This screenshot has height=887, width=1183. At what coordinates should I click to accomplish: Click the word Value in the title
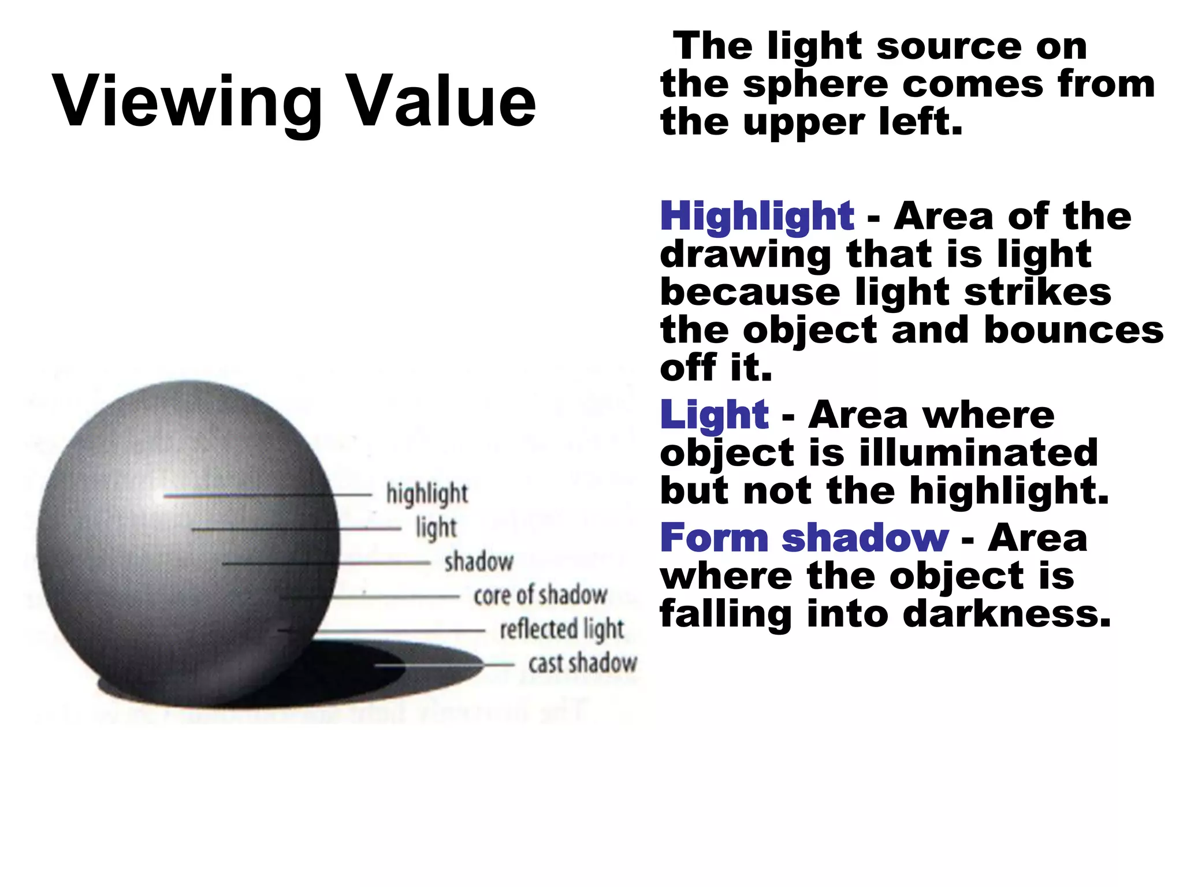(x=443, y=102)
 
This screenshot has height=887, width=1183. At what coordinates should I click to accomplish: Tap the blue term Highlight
(x=757, y=217)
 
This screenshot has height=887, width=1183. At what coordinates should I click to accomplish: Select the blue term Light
(x=714, y=416)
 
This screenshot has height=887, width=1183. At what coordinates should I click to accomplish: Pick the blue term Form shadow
(x=804, y=538)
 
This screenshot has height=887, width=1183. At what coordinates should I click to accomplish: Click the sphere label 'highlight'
(x=427, y=494)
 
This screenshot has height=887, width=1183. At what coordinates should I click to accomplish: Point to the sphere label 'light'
(x=436, y=528)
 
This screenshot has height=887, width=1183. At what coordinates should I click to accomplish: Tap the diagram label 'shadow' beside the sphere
(x=479, y=562)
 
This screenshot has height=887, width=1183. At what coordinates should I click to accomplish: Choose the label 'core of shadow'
(x=540, y=595)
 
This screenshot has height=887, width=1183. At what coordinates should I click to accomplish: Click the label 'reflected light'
(x=562, y=629)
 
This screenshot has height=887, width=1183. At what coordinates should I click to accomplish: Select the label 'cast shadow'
(x=583, y=664)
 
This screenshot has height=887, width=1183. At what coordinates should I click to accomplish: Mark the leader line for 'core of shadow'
(x=370, y=597)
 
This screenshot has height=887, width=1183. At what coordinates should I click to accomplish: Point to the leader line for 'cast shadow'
(x=445, y=665)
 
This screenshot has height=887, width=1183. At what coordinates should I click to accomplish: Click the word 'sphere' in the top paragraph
(x=814, y=85)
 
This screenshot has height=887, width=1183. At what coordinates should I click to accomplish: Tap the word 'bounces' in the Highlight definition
(x=1073, y=330)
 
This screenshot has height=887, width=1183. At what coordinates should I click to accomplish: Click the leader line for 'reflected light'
(x=399, y=631)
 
